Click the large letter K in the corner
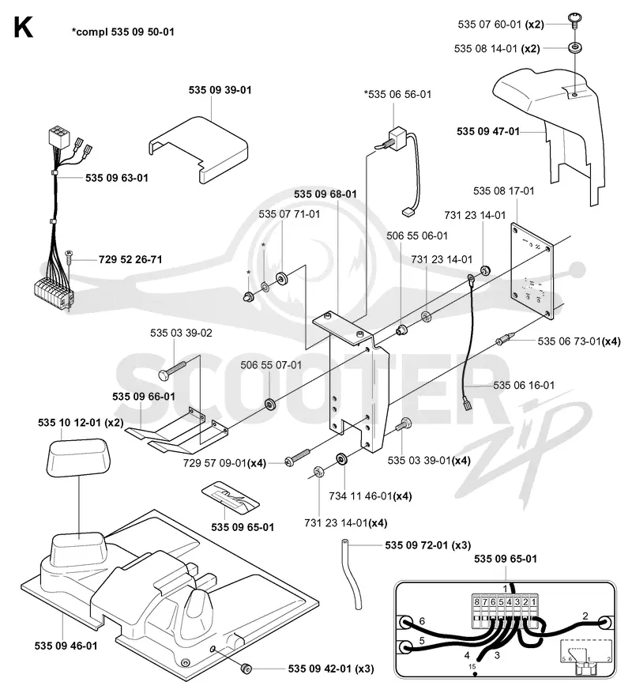click(24, 28)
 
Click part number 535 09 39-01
click(220, 90)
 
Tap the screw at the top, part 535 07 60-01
click(574, 21)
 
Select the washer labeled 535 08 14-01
click(574, 47)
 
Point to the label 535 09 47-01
click(488, 131)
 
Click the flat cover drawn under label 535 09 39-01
click(198, 149)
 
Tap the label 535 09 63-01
click(117, 178)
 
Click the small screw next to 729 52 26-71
click(70, 257)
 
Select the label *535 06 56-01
click(398, 94)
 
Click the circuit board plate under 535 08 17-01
click(532, 272)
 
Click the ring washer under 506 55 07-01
click(269, 405)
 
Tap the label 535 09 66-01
click(144, 397)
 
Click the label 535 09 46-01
click(66, 646)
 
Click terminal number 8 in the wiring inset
click(476, 602)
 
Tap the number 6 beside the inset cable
click(422, 621)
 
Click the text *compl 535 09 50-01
click(122, 32)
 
